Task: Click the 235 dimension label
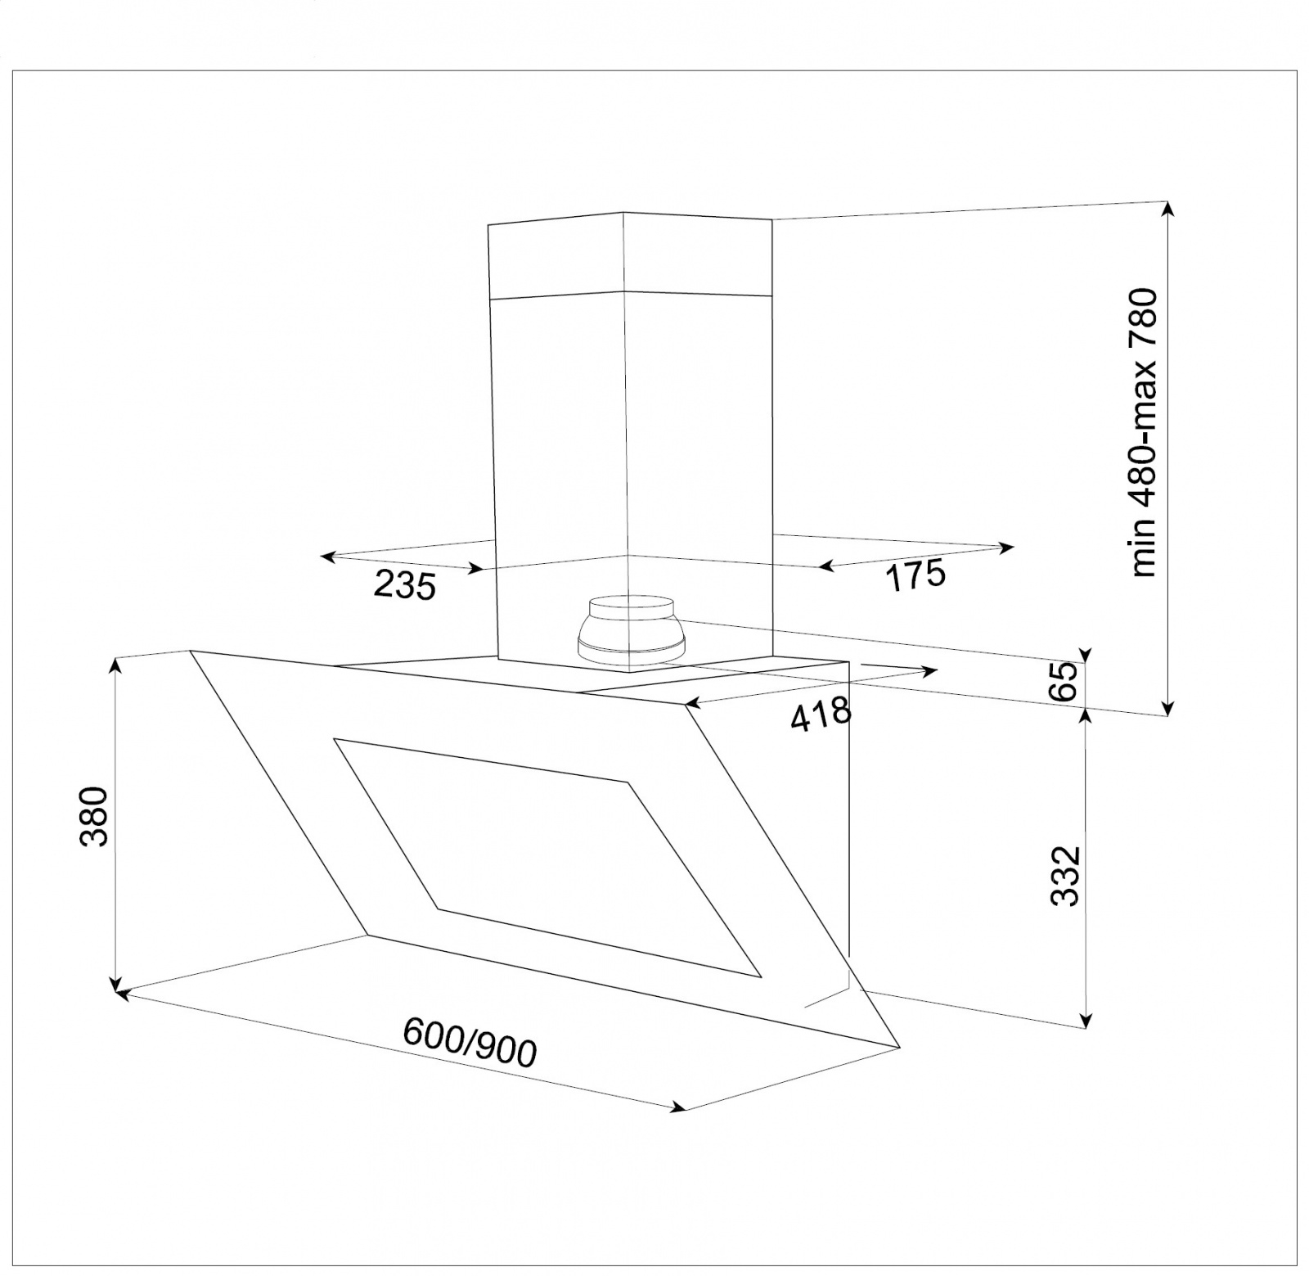click(404, 585)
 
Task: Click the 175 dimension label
click(915, 575)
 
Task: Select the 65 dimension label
click(1064, 681)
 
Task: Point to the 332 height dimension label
click(1065, 876)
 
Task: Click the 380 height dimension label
click(95, 816)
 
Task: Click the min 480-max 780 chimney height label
click(1145, 432)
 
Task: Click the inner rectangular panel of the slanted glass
click(548, 857)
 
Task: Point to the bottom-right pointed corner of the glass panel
click(898, 1046)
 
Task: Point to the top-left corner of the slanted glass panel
click(191, 651)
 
